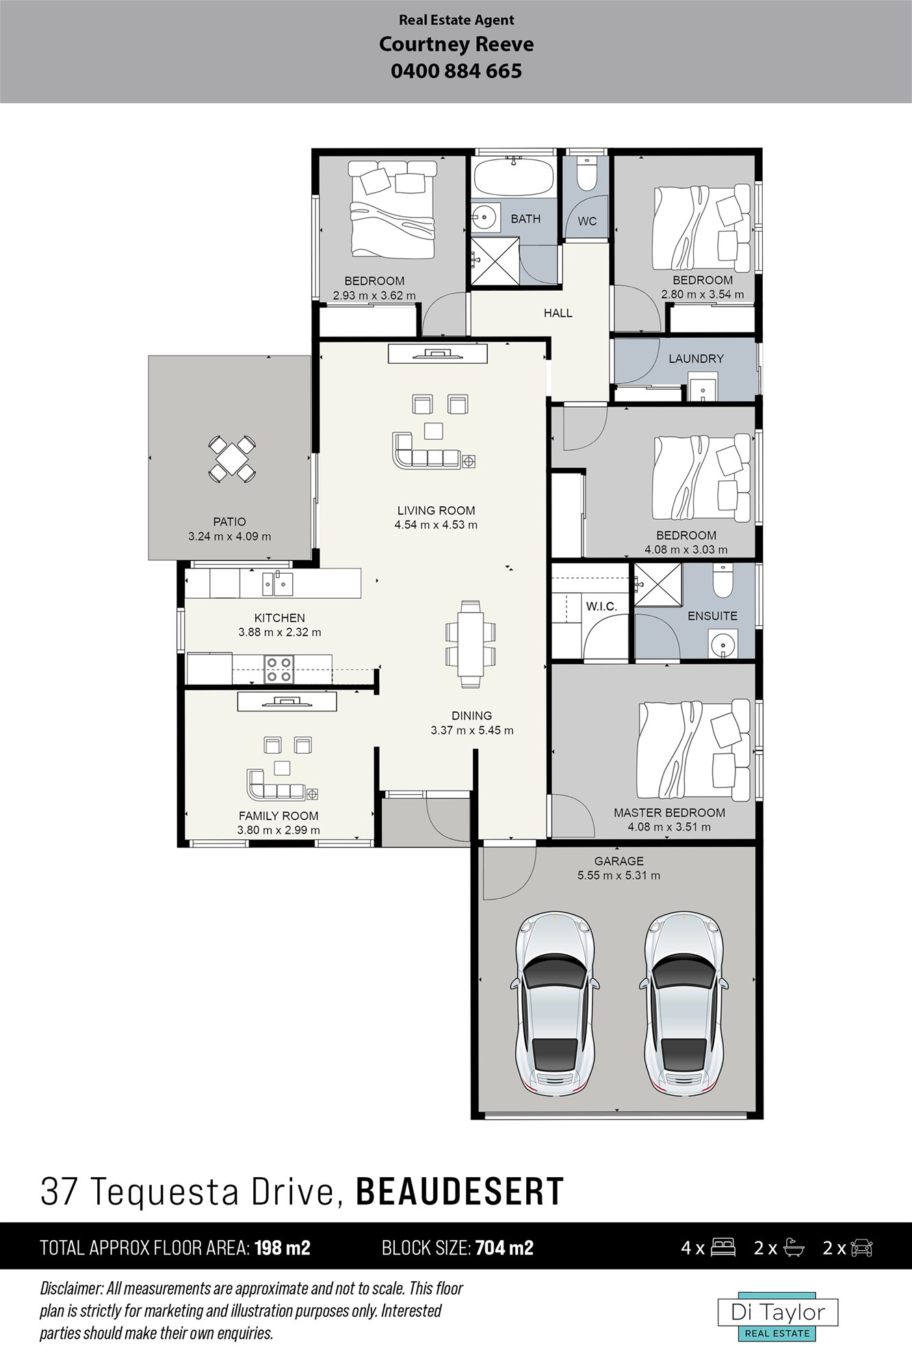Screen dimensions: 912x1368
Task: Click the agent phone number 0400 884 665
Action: click(x=456, y=71)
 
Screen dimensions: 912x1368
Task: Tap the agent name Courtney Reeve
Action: click(x=456, y=44)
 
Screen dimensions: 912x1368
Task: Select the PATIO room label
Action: click(x=229, y=522)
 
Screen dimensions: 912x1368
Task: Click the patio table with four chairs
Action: click(x=233, y=458)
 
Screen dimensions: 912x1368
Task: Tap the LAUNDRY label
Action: click(x=696, y=358)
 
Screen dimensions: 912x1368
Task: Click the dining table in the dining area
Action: click(x=471, y=644)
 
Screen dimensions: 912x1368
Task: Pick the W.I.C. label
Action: click(x=601, y=606)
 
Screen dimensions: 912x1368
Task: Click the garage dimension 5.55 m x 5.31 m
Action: click(x=619, y=875)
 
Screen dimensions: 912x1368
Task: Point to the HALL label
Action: click(x=558, y=313)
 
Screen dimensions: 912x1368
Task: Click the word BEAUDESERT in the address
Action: click(x=460, y=1192)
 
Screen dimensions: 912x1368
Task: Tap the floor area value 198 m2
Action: click(x=283, y=1248)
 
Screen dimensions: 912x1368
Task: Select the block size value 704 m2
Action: click(x=504, y=1248)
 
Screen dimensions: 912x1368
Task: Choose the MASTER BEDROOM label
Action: click(x=669, y=813)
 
